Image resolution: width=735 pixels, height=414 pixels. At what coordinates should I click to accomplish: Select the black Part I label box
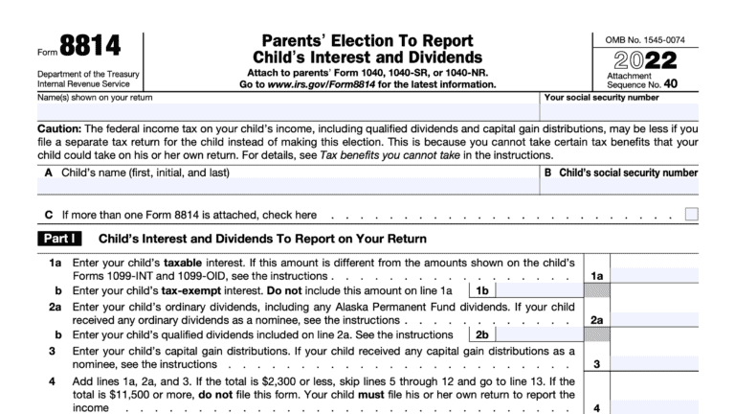click(x=60, y=239)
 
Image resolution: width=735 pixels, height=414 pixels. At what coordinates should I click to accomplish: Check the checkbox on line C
click(x=691, y=215)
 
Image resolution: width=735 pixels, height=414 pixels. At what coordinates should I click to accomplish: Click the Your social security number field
click(x=620, y=112)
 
